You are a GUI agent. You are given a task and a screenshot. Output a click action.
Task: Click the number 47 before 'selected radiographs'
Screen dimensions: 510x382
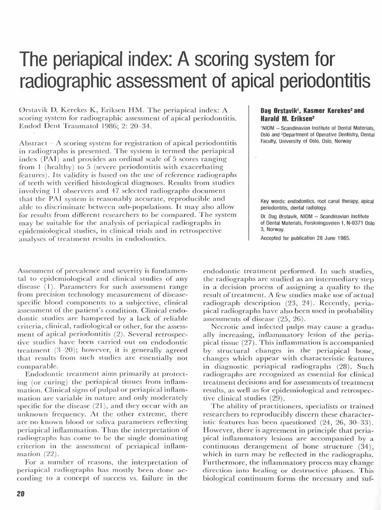point(115,191)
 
